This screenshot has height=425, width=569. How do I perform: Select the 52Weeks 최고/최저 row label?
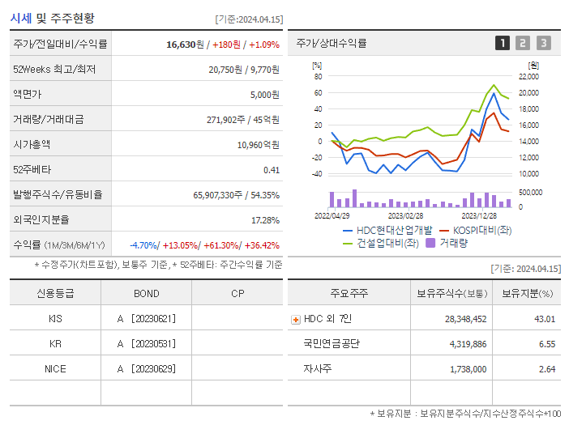click(x=54, y=70)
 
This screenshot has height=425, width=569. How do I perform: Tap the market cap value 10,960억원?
click(x=258, y=145)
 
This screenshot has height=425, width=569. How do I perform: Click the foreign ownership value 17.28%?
click(x=265, y=220)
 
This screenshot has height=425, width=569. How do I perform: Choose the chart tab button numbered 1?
click(x=503, y=43)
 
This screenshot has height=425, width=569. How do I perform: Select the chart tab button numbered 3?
click(x=543, y=43)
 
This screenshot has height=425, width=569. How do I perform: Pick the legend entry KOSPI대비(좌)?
click(x=475, y=230)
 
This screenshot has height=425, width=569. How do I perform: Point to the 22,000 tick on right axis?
click(x=528, y=76)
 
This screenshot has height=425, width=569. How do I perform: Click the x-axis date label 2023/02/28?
click(x=405, y=216)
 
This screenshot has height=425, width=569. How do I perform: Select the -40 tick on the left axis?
click(x=317, y=173)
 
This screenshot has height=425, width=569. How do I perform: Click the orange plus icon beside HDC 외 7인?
click(x=295, y=319)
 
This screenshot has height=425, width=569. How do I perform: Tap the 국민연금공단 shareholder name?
click(x=332, y=344)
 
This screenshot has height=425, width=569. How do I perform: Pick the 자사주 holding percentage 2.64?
click(x=546, y=369)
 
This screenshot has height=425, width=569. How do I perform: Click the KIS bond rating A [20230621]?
click(x=146, y=319)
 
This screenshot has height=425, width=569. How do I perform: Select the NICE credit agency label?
click(x=55, y=369)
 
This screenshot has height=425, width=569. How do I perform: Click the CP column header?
click(x=237, y=293)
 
